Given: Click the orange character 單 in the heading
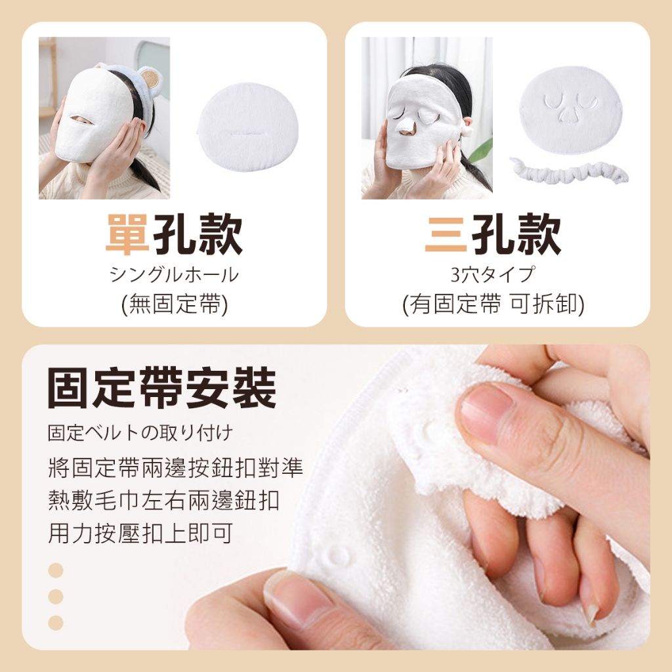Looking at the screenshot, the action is click(x=128, y=234).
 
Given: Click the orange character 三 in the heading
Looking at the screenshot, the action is click(x=446, y=234).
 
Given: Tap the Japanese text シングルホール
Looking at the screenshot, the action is click(x=174, y=274).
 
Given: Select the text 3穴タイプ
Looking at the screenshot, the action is click(x=493, y=274).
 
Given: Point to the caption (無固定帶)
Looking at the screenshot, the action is click(x=174, y=304).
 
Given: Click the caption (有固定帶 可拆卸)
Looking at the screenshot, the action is click(x=493, y=304).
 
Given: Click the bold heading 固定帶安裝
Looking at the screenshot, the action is click(x=162, y=388).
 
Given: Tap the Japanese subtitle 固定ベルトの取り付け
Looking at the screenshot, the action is click(x=140, y=433).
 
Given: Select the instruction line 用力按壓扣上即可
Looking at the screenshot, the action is click(x=140, y=533).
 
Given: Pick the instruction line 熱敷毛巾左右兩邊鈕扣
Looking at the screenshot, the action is click(x=163, y=500).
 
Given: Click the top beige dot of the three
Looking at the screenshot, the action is click(x=56, y=570).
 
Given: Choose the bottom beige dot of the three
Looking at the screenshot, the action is click(x=56, y=623).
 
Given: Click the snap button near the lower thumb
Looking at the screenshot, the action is click(x=339, y=556).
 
